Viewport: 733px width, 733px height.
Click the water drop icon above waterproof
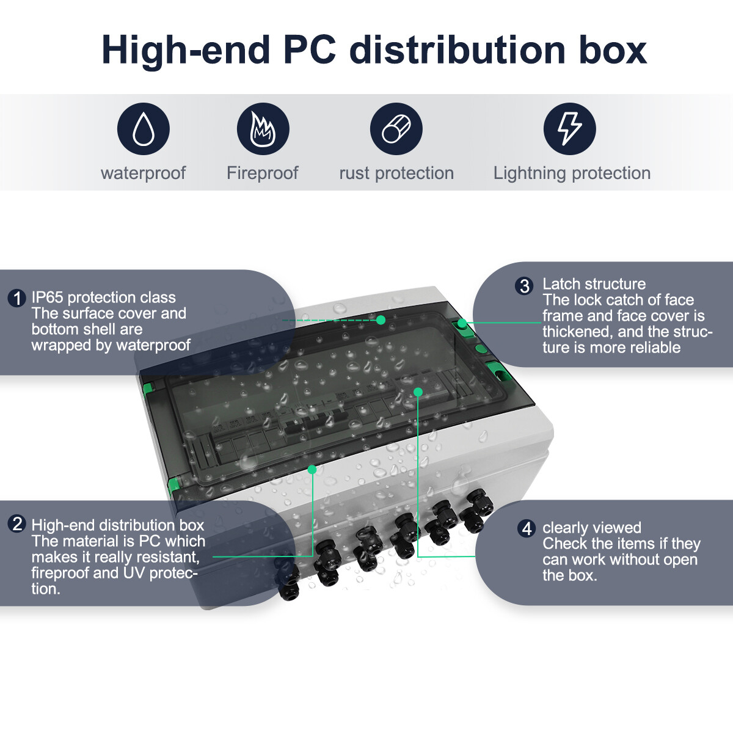[144, 128]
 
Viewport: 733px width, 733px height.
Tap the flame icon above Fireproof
[263, 128]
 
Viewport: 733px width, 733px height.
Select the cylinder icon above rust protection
[396, 128]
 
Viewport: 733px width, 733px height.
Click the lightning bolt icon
[569, 128]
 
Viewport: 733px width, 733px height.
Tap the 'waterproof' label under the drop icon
[144, 173]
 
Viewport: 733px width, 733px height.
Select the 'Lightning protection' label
[572, 173]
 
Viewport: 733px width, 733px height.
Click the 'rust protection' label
[396, 173]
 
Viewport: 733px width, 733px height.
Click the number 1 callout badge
[16, 298]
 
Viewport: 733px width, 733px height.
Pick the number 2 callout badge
[16, 524]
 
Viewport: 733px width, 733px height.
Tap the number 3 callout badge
[524, 286]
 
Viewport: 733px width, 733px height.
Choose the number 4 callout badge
[527, 528]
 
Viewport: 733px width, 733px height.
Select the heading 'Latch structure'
[594, 284]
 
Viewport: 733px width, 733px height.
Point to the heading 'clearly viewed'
[591, 528]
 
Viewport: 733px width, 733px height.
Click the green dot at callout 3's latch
[462, 323]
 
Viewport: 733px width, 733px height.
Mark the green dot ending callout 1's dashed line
[381, 320]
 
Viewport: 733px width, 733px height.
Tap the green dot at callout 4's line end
[418, 392]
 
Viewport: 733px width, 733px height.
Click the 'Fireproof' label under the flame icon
[263, 173]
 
